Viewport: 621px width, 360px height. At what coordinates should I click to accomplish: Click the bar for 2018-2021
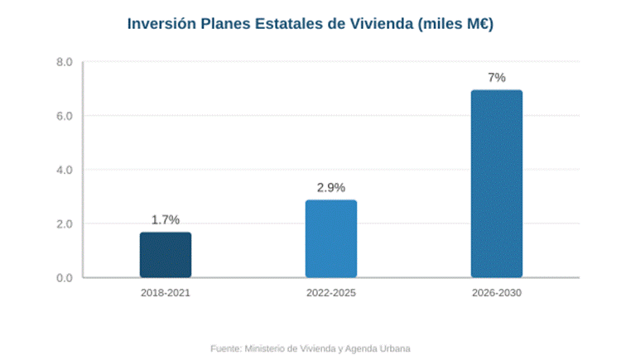166,255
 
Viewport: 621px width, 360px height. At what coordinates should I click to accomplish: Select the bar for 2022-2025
331,239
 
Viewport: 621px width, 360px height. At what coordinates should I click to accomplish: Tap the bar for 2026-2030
497,184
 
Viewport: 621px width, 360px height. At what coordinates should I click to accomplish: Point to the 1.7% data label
166,220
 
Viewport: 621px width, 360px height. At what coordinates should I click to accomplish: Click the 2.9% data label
331,188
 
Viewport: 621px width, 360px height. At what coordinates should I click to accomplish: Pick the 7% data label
497,78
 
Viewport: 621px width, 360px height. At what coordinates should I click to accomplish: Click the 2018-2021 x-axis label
166,294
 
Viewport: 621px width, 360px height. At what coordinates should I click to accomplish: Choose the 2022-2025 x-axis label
331,294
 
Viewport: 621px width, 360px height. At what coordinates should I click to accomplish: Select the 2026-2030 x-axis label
497,294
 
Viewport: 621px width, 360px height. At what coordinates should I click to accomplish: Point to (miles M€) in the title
456,24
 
